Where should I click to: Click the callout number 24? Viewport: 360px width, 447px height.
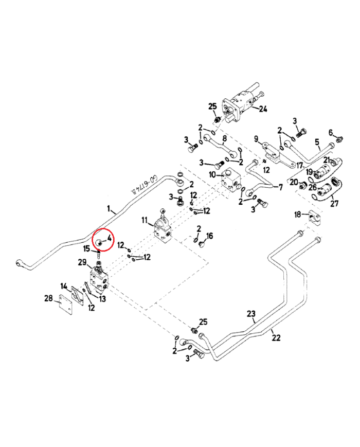coord(263,109)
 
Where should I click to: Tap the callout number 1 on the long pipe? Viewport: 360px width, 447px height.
coord(109,209)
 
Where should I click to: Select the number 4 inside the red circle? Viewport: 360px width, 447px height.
coord(109,238)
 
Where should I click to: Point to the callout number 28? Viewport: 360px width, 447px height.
coord(48,298)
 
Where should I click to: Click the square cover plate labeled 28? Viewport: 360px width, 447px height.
coord(65,305)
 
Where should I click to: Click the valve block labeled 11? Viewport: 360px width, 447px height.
coord(163,228)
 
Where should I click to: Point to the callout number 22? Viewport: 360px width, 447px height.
coord(276,338)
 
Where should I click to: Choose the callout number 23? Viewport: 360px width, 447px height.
coord(251,314)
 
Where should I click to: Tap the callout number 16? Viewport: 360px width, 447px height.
coord(209,236)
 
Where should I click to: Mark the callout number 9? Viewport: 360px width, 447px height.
coord(256,139)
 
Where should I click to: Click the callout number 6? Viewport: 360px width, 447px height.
coord(330,132)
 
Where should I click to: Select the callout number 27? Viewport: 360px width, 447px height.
coord(334,203)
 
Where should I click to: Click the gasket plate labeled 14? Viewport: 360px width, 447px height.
coord(77,296)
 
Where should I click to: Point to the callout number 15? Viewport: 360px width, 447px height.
coord(86,249)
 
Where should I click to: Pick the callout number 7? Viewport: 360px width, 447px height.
coord(280,187)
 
